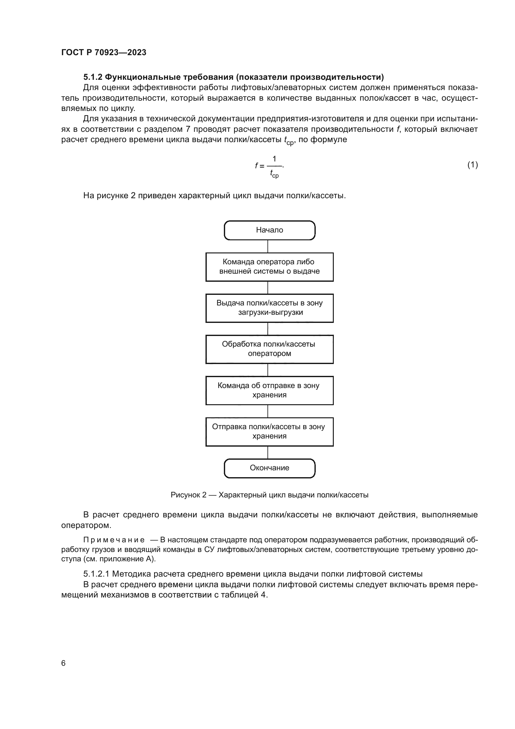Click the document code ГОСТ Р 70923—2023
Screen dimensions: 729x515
(x=104, y=52)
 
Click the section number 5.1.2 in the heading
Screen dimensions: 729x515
(x=92, y=77)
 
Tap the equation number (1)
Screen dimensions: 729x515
(x=473, y=165)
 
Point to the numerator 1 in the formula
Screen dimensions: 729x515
(x=274, y=158)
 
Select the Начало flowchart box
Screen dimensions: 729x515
(x=270, y=230)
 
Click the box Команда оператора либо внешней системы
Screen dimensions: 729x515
(x=270, y=267)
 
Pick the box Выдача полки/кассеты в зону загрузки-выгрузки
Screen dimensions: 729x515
(x=270, y=308)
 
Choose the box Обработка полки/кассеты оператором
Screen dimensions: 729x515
(x=270, y=349)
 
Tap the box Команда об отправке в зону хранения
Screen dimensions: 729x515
(x=270, y=390)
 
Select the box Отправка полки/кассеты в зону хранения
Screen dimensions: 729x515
(x=270, y=431)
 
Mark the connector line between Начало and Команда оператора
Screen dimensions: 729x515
(x=268, y=247)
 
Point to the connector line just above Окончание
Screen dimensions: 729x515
(x=268, y=453)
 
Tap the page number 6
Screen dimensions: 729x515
(x=64, y=663)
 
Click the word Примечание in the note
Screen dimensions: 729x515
(x=114, y=540)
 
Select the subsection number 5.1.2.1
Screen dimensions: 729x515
(x=97, y=574)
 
